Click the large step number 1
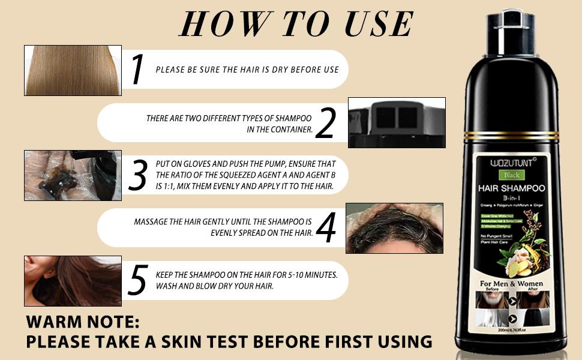137,69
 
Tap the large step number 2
325,124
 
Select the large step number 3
137,175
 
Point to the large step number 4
325,227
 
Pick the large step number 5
138,280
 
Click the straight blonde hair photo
73,70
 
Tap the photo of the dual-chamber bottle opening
397,122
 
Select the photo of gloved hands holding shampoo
73,175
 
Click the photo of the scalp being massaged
394,228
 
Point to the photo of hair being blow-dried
73,281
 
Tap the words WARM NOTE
82,322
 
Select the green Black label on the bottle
511,175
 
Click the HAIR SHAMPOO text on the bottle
511,188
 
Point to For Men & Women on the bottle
511,283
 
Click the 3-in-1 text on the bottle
511,197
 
